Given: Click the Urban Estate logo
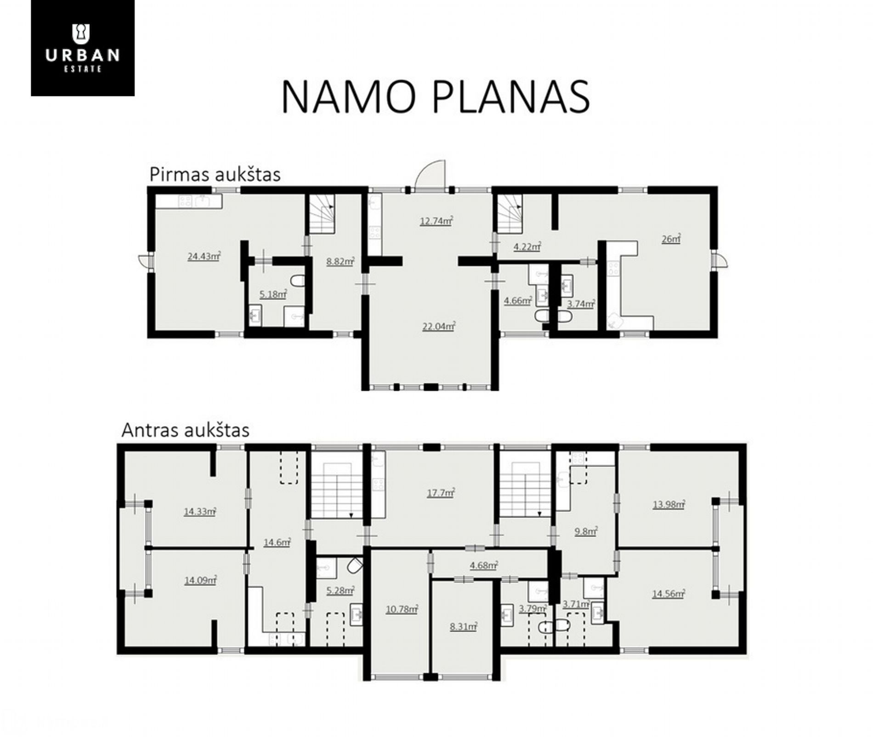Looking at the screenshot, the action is point(83,48).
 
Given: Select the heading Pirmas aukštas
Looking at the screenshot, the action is point(215,174).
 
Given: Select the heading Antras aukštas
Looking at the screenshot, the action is point(186,430).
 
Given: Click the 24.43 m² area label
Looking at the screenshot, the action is point(204,256).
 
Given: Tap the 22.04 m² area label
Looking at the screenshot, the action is point(439,326).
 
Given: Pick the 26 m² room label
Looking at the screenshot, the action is point(671,239).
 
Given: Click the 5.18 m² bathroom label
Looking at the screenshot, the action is point(273,294).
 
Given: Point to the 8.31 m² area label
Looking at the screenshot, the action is point(464,626).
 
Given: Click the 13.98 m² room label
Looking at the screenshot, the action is point(669,504).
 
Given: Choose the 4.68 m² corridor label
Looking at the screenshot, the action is point(484,565).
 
